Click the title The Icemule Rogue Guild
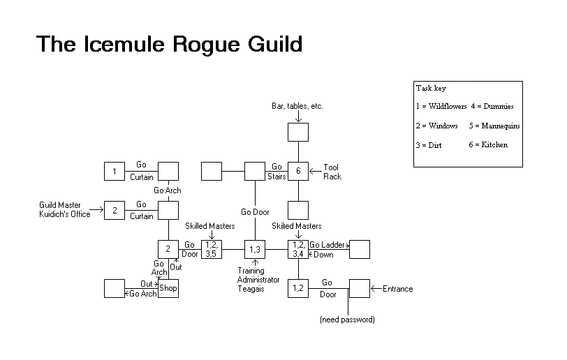click(169, 45)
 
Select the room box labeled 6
click(298, 171)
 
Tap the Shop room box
click(168, 288)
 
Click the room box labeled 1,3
click(254, 249)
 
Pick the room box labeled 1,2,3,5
click(211, 249)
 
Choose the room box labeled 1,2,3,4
click(298, 249)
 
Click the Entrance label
click(397, 289)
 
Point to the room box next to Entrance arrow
click(359, 288)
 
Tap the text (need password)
click(347, 320)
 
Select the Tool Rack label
click(332, 172)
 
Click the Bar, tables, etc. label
click(297, 107)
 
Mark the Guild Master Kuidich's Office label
click(65, 210)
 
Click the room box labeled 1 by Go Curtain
click(114, 171)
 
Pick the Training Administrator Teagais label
click(258, 280)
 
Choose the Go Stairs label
click(277, 172)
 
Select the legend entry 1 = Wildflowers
click(441, 107)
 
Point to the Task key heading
click(431, 89)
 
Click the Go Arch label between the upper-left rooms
click(168, 190)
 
